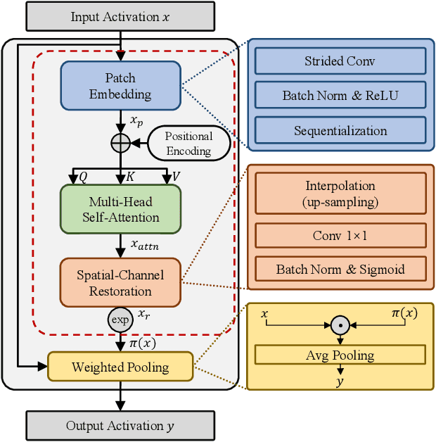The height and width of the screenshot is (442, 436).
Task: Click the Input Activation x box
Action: click(x=120, y=17)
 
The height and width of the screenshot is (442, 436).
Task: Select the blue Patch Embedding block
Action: click(x=120, y=86)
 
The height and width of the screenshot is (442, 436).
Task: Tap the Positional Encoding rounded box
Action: click(x=188, y=144)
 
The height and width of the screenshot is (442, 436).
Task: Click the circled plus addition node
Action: click(x=121, y=143)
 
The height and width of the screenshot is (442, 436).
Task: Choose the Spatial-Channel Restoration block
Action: click(x=120, y=283)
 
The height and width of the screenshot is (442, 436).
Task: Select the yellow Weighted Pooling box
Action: click(x=120, y=367)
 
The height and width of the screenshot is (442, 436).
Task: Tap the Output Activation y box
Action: click(x=120, y=425)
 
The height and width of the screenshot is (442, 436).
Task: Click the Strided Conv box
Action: click(x=340, y=61)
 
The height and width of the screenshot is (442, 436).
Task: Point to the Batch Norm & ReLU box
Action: click(x=340, y=95)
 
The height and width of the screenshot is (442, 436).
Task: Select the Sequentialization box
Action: click(x=340, y=130)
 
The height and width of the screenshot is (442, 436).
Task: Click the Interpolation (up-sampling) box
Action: click(x=340, y=193)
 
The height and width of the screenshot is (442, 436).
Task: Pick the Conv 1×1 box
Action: click(x=340, y=236)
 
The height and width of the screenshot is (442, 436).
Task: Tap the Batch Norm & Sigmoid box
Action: click(x=340, y=269)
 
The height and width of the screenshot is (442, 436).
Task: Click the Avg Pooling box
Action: click(x=340, y=355)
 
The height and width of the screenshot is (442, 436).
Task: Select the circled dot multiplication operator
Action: click(x=340, y=325)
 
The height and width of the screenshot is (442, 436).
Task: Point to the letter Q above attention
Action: click(x=82, y=177)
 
